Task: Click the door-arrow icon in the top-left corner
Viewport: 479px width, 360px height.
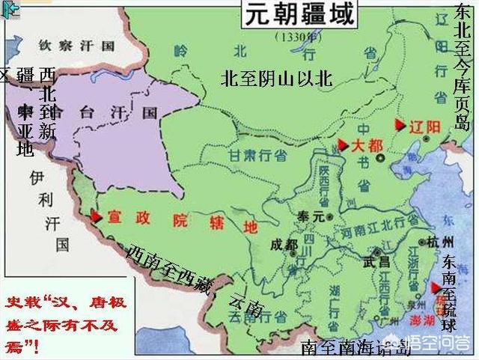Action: coord(10,8)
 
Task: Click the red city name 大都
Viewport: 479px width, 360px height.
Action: coord(364,144)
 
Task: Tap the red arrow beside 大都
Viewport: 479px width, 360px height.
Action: coord(342,144)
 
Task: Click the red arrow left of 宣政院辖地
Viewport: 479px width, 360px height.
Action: coord(96,216)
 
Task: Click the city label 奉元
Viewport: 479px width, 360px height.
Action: coord(309,216)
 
